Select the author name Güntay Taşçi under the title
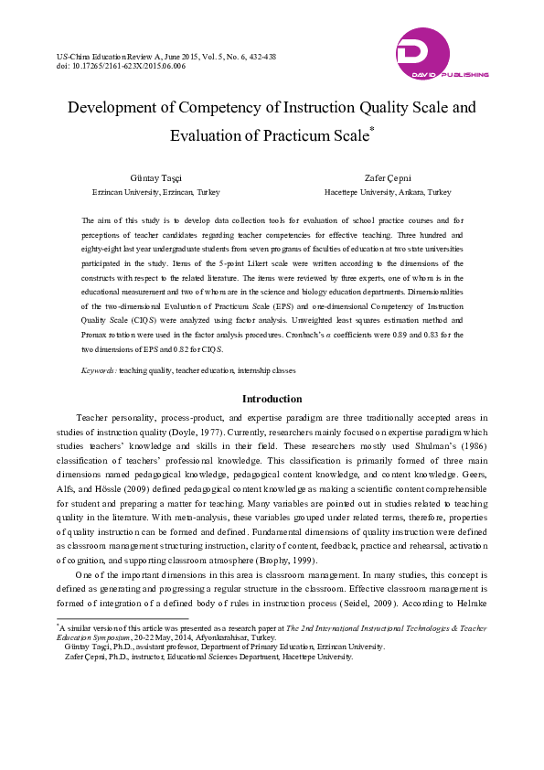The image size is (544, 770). click(x=155, y=179)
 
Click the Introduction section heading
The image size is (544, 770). click(x=272, y=399)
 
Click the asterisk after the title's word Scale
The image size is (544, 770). click(x=371, y=131)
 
